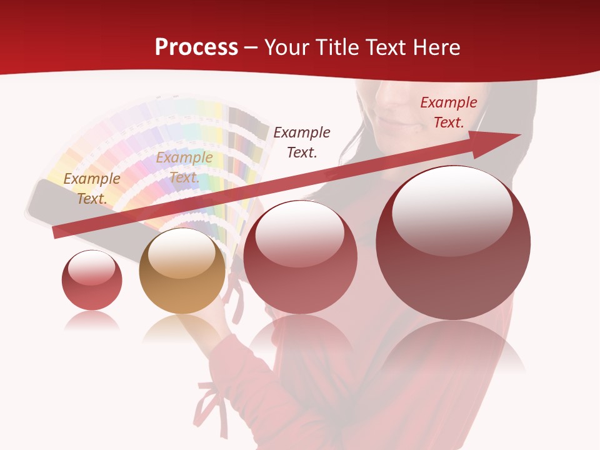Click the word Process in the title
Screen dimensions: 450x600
[196, 47]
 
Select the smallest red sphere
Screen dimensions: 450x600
[92, 280]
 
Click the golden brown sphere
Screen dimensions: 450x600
[182, 271]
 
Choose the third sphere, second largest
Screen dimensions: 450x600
[300, 257]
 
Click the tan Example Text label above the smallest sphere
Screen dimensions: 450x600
[92, 188]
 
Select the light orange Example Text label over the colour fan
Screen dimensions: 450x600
[184, 167]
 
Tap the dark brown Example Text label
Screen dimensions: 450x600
[302, 142]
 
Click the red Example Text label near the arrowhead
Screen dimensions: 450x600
[448, 112]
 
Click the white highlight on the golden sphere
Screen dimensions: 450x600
[182, 253]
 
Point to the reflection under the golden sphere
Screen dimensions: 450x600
[181, 328]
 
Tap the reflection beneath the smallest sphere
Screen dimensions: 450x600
[92, 321]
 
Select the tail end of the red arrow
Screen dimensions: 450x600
[58, 232]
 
